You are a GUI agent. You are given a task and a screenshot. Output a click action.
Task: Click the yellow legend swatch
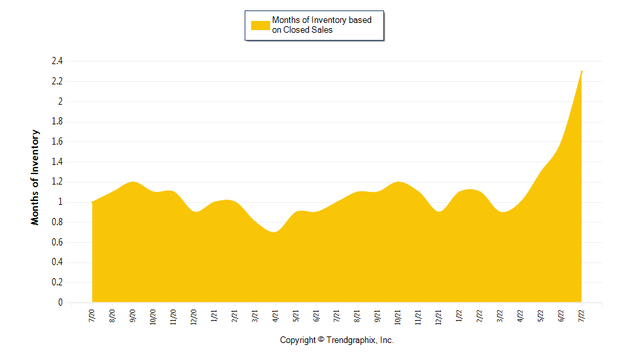[x=260, y=25]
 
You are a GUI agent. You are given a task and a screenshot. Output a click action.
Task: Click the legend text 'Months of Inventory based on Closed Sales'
[x=321, y=25]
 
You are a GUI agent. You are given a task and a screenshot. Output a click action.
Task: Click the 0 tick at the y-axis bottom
[x=60, y=303]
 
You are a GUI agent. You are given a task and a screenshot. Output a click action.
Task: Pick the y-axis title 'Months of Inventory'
[x=35, y=177]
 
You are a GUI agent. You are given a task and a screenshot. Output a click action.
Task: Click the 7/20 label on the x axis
[x=92, y=315]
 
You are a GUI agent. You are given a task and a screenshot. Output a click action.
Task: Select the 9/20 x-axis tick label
[x=133, y=315]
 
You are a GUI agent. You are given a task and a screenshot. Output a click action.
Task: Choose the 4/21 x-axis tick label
[x=275, y=315]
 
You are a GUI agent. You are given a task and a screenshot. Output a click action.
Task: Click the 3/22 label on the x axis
[x=500, y=315]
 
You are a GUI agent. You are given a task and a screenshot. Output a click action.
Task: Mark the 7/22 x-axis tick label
[x=582, y=315]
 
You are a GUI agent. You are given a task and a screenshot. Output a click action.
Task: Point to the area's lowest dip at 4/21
[x=275, y=232]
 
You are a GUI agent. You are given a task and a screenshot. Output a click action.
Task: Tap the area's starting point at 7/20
[x=92, y=202]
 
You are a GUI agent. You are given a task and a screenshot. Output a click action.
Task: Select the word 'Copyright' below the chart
[x=298, y=340]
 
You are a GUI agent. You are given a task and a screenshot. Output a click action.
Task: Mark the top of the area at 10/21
[x=398, y=182]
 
